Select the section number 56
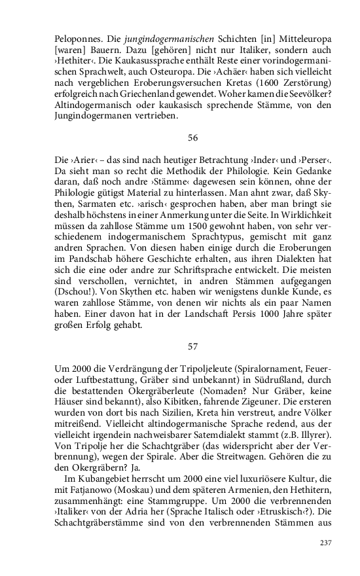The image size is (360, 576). (192, 138)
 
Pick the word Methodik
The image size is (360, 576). (224, 173)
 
